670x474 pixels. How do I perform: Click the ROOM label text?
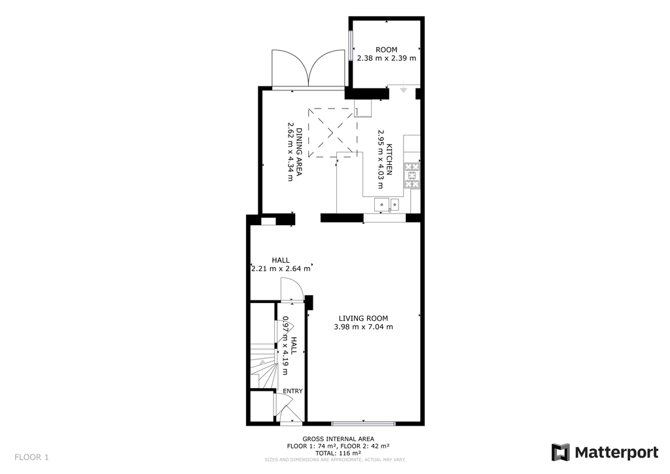coord(386,50)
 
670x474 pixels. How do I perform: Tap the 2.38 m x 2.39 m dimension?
coord(386,58)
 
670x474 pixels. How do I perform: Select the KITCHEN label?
coord(389,160)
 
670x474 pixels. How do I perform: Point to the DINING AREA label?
coord(299,152)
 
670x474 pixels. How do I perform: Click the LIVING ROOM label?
coord(363,318)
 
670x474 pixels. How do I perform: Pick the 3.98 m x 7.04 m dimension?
coord(363,327)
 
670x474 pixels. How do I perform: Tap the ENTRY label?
coord(292,391)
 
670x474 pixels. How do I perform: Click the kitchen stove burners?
coord(412,175)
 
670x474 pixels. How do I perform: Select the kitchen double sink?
coord(387,205)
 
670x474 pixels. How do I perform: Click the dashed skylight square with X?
coord(332,132)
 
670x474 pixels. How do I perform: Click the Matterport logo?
coord(605,452)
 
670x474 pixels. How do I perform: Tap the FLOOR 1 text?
coord(31,458)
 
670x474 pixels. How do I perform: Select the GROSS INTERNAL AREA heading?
coord(338,439)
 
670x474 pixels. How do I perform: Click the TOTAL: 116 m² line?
coord(338,453)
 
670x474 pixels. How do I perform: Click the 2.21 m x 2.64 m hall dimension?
coord(281,269)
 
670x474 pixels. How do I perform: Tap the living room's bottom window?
coord(363,424)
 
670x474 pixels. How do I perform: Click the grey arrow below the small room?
coord(403,90)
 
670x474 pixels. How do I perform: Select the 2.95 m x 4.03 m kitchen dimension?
coord(380,160)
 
